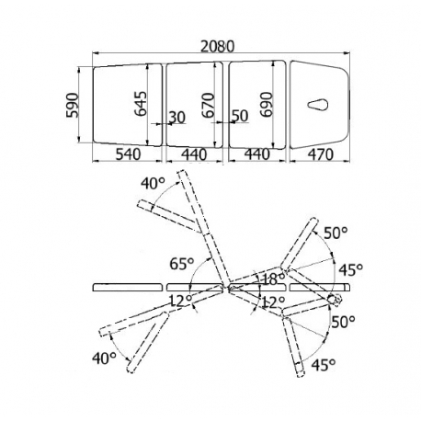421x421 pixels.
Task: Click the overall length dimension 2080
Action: coord(217,47)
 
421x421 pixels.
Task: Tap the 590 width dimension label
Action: coord(73,105)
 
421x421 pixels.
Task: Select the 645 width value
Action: coord(141,103)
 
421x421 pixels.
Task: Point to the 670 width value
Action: coord(208,105)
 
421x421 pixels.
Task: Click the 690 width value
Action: coord(267,104)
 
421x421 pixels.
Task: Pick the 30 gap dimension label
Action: coord(177,118)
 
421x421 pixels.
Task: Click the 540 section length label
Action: coord(128,154)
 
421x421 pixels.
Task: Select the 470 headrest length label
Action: coord(321,154)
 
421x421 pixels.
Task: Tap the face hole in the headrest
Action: coord(318,105)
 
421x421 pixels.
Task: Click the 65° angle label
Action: coord(182,264)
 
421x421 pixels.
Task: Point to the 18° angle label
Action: coord(273,279)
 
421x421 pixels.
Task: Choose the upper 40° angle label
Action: coord(153,184)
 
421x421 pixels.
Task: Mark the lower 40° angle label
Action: coord(105,358)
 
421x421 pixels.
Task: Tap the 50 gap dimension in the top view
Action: coord(240,116)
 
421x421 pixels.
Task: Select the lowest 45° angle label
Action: coord(324,365)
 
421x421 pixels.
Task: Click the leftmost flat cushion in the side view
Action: coord(128,288)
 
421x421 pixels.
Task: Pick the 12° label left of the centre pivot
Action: coord(181,302)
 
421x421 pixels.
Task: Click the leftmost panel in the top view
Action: coord(128,105)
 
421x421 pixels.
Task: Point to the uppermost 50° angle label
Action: coord(336,233)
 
